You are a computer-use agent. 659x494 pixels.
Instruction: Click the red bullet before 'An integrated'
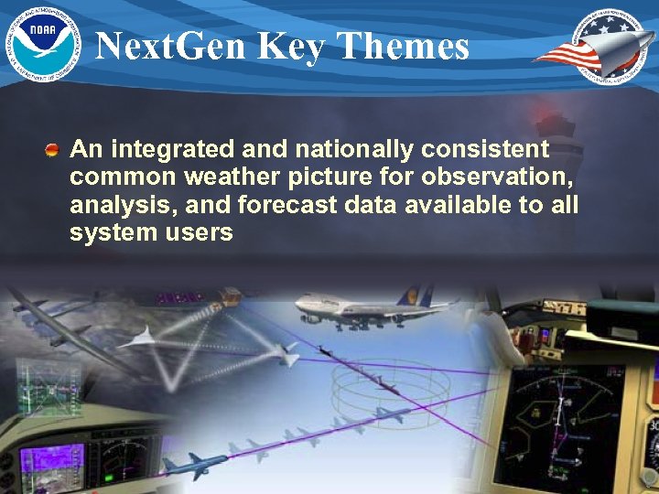[x=55, y=148]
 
